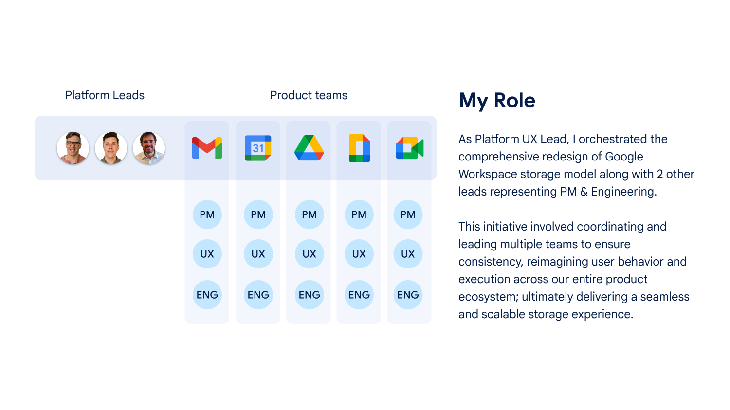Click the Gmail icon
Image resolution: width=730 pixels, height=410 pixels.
click(207, 148)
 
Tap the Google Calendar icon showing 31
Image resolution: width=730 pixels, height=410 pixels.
click(258, 148)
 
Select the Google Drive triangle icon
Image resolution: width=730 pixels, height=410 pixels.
click(309, 148)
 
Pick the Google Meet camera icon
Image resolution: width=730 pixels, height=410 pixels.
click(410, 148)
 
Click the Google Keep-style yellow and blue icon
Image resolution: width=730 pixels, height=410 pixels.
click(359, 148)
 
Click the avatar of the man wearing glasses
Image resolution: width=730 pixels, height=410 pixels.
click(73, 148)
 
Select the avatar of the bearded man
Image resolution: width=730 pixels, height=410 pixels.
click(149, 148)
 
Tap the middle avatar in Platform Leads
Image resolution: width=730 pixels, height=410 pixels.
click(111, 148)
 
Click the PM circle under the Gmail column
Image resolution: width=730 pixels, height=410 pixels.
click(207, 214)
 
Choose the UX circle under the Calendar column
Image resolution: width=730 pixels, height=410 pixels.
click(258, 254)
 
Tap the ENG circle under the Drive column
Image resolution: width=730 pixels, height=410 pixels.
click(309, 295)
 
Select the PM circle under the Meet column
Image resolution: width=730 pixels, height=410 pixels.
click(408, 214)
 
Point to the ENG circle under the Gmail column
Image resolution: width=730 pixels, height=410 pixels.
click(207, 295)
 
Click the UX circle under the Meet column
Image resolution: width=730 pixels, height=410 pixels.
click(408, 254)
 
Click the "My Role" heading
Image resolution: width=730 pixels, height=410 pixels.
click(497, 101)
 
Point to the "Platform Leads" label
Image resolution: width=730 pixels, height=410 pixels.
click(105, 95)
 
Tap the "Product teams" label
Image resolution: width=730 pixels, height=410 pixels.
click(309, 95)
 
